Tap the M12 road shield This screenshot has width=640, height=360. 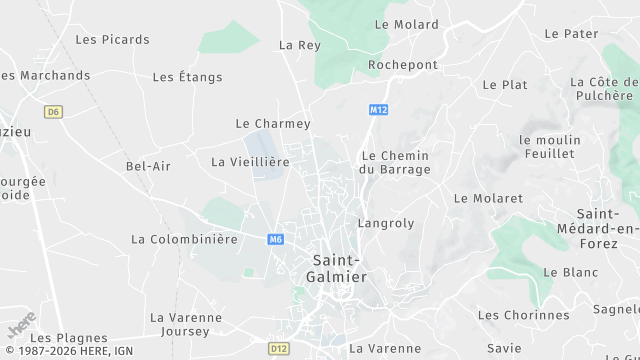pos(377,109)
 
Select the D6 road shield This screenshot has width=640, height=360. pos(53,111)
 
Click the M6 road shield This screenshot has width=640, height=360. pos(276,239)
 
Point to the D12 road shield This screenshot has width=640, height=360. pos(278,348)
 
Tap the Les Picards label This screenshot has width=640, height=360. pos(112,40)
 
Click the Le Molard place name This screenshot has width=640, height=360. pos(406,24)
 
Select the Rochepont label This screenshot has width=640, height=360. pos(402,65)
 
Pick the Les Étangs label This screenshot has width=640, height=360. pos(187,77)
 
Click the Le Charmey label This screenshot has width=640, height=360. pos(273,124)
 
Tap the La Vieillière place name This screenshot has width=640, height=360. pos(250,162)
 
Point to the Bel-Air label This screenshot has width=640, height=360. pos(148,166)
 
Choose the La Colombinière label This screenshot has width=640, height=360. pos(184,240)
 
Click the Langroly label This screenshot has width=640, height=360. pos(385,224)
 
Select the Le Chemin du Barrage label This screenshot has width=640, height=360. pos(394,163)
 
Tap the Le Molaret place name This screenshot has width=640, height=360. pos(488,199)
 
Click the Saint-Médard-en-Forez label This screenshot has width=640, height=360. pos(608,229)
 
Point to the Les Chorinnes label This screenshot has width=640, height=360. pos(523,316)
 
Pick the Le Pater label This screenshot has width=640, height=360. pos(571,34)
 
